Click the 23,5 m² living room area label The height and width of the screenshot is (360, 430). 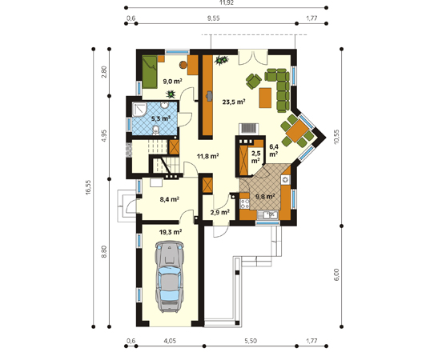(x=233, y=102)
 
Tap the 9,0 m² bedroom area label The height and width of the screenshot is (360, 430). (x=173, y=82)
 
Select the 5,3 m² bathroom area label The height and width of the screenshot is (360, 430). (x=161, y=118)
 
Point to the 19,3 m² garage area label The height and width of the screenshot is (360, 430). (x=171, y=232)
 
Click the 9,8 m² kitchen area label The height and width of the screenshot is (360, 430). (x=265, y=197)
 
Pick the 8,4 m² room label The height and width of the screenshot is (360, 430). (x=170, y=199)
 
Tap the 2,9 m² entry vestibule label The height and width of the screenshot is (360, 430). (x=220, y=212)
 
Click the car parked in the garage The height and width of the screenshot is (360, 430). (x=168, y=277)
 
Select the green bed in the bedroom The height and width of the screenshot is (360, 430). (x=149, y=72)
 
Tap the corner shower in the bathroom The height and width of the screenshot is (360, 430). (x=140, y=110)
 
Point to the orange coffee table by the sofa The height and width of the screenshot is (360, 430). (x=265, y=98)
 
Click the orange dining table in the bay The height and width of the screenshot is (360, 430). (x=297, y=131)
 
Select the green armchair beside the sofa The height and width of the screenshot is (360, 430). (x=253, y=81)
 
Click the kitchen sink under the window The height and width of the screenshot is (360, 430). (x=267, y=214)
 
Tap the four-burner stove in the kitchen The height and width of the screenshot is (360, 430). (x=244, y=204)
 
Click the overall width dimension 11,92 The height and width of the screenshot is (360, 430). (x=227, y=2)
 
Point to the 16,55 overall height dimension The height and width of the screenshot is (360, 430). (x=87, y=188)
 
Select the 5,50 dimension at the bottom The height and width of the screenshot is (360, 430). (x=251, y=341)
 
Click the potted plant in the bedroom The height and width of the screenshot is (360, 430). (x=171, y=94)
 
